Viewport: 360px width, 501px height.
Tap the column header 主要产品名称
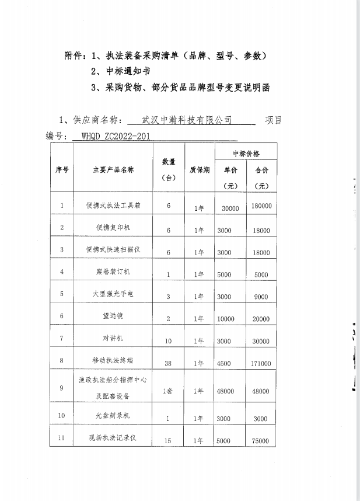pos(113,170)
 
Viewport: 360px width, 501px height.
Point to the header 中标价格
pos(246,154)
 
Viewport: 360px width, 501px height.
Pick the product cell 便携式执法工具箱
pos(113,205)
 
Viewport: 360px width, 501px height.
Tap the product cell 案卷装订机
pos(113,272)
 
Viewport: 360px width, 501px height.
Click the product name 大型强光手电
pos(113,294)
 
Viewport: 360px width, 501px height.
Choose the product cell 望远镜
pos(113,316)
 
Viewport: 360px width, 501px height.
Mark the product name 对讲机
pos(113,338)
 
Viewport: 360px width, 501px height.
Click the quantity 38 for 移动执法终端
pos(168,363)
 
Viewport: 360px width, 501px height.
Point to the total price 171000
pos(261,364)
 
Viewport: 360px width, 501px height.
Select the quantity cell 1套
pos(168,391)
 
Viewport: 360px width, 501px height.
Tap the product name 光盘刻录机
pos(113,415)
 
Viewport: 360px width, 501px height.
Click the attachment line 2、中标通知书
pos(121,72)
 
